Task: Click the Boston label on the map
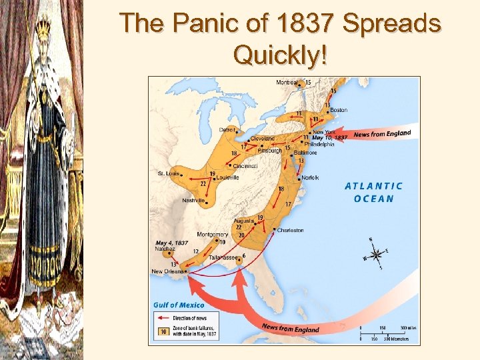tap(339, 110)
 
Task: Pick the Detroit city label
tap(228, 129)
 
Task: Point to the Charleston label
tap(291, 231)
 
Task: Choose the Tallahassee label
tap(223, 257)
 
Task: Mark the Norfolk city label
tap(310, 177)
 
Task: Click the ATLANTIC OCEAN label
tap(374, 192)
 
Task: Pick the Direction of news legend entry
tap(189, 319)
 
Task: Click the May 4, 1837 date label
tap(171, 243)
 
